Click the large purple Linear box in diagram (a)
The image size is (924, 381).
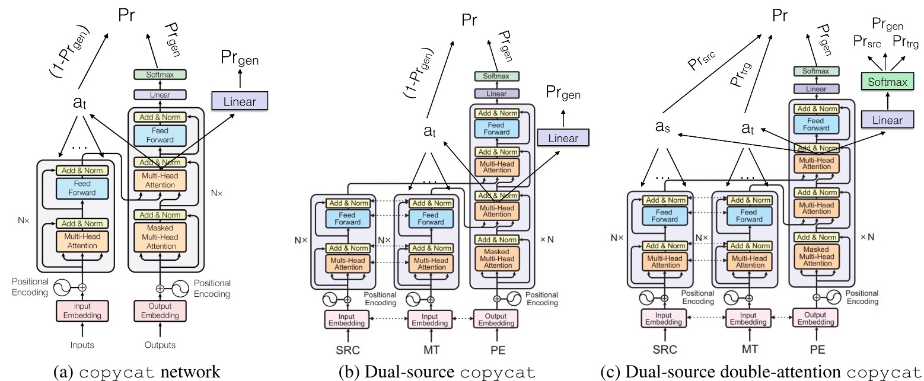[240, 101]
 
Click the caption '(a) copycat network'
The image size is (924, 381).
[136, 372]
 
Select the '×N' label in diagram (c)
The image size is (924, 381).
[866, 236]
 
